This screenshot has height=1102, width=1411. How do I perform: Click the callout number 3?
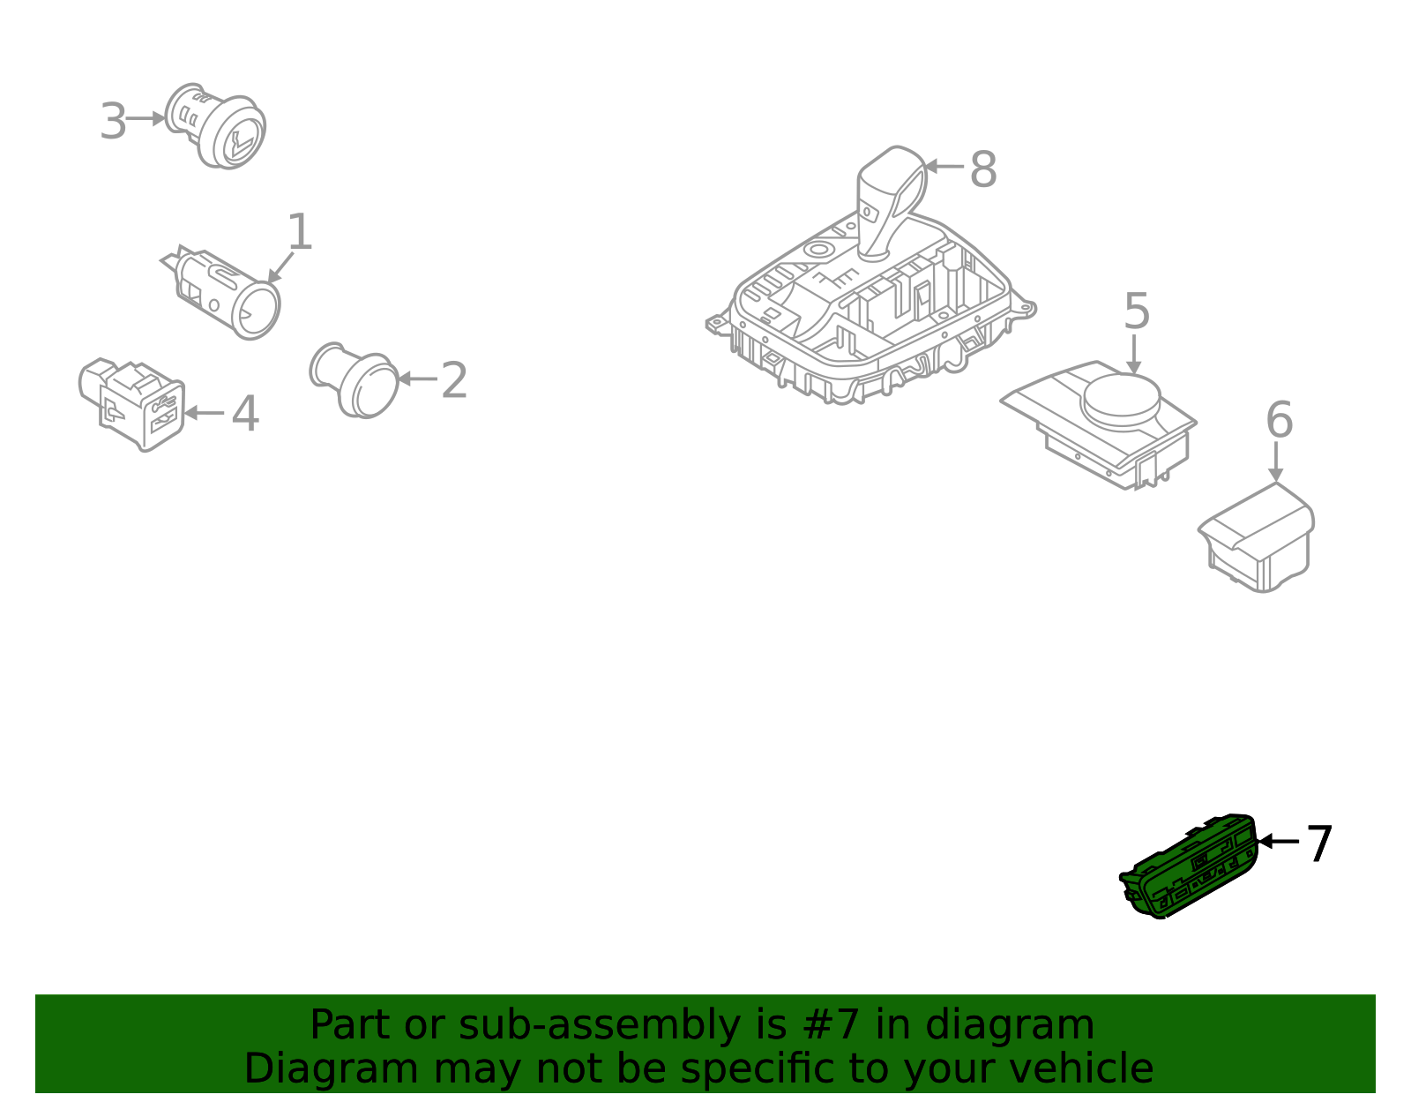click(113, 122)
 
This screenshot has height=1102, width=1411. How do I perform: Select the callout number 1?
click(300, 232)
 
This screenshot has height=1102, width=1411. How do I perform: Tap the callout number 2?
click(454, 380)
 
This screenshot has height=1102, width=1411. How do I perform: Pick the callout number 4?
click(245, 414)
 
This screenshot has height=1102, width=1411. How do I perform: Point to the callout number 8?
click(983, 169)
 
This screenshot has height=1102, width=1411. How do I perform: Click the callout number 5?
click(1137, 311)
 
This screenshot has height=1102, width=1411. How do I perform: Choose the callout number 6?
click(1280, 420)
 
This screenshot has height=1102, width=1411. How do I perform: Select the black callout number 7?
click(1318, 844)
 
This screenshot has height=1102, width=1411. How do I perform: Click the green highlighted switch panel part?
click(1188, 866)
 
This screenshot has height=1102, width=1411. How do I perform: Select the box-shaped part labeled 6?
click(1257, 538)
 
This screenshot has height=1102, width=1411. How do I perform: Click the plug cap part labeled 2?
click(355, 380)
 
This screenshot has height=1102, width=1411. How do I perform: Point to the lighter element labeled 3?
click(215, 126)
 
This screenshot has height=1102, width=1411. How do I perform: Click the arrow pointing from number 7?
click(1278, 842)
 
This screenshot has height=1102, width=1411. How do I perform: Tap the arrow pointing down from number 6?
click(1276, 462)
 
